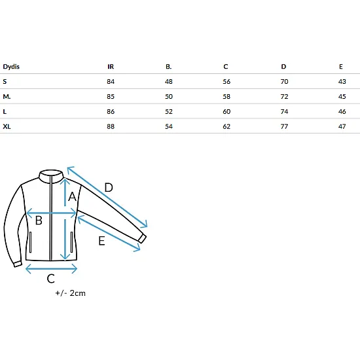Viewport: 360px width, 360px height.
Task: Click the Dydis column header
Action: pos(11,67)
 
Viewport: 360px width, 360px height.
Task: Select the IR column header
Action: pos(111,67)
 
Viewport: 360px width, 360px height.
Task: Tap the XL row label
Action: pos(7,126)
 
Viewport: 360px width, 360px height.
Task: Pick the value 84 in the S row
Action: pos(111,82)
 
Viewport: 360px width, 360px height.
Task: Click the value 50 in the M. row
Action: pos(169,96)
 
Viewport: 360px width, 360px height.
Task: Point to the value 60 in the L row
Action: pos(226,111)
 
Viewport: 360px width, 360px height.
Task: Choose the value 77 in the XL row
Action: pos(284,126)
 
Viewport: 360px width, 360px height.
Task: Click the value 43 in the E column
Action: pos(342,82)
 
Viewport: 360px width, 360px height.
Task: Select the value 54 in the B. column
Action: pos(169,126)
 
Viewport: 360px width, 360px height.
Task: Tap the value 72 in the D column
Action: pos(284,96)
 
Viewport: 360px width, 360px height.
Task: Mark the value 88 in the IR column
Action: pos(111,126)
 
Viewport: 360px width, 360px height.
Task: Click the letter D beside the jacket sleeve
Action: pos(109,188)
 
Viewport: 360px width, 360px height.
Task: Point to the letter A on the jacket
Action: pos(72,197)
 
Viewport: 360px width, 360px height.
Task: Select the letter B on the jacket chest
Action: pos(39,221)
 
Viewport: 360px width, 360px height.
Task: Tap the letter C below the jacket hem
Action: pos(51,279)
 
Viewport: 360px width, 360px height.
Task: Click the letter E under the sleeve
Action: pos(101,241)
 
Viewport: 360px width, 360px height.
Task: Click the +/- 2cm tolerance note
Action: pos(71,293)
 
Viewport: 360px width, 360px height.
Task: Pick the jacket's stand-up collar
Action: pos(51,176)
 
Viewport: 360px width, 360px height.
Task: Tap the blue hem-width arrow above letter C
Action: pos(51,269)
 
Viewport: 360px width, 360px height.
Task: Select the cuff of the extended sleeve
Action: pos(142,239)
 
